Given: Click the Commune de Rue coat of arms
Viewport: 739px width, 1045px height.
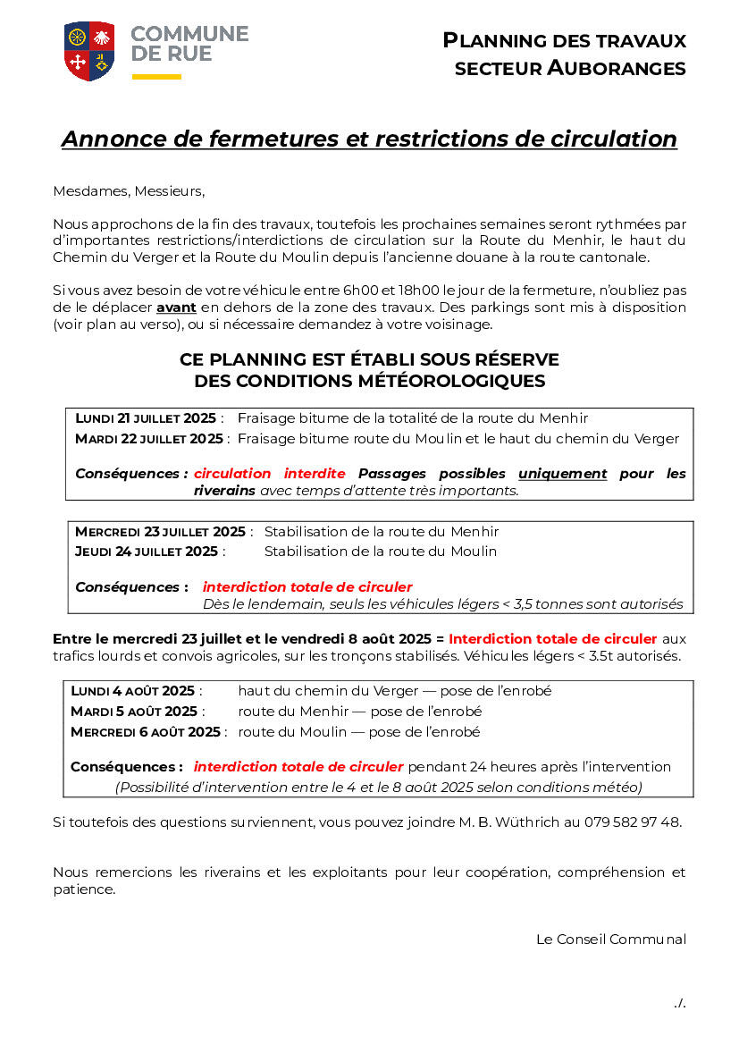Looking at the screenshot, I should coord(89,51).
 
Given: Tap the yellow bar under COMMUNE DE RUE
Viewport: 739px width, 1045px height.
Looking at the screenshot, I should coord(156,77).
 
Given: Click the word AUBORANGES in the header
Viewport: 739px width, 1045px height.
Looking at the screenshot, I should coord(617,68).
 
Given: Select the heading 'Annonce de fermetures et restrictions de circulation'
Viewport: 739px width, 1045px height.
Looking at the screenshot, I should coord(369,139).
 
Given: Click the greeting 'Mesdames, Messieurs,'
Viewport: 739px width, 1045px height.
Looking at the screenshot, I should coord(129,190).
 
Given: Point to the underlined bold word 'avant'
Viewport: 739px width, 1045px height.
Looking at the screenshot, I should coord(176,308).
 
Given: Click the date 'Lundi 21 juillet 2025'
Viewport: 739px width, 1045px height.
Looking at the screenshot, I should coord(146,418).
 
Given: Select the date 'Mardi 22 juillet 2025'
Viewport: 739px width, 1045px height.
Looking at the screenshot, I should coord(149,439).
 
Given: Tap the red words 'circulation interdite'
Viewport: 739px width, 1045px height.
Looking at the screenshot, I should coord(269,474).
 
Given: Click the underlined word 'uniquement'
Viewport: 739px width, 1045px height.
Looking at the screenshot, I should coord(562,474).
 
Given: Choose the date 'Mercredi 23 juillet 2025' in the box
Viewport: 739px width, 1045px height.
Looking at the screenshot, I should coord(160,532).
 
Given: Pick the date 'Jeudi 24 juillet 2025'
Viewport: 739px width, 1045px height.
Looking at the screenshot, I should coord(147,552).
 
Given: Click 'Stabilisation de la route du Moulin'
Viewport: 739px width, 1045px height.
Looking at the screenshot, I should coord(380,552).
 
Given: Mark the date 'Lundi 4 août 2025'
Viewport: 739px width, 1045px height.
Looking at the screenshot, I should coord(132,691).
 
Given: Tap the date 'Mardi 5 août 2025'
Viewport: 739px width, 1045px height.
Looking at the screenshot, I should coord(134,712).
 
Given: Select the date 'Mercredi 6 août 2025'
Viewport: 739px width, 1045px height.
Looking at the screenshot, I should coord(145,732).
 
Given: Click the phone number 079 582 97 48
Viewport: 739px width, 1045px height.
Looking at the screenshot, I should coord(633,822).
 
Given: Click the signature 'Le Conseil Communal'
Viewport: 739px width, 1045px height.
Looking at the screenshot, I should coord(611,940).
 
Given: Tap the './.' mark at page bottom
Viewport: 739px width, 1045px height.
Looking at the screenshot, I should coord(679,1003).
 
